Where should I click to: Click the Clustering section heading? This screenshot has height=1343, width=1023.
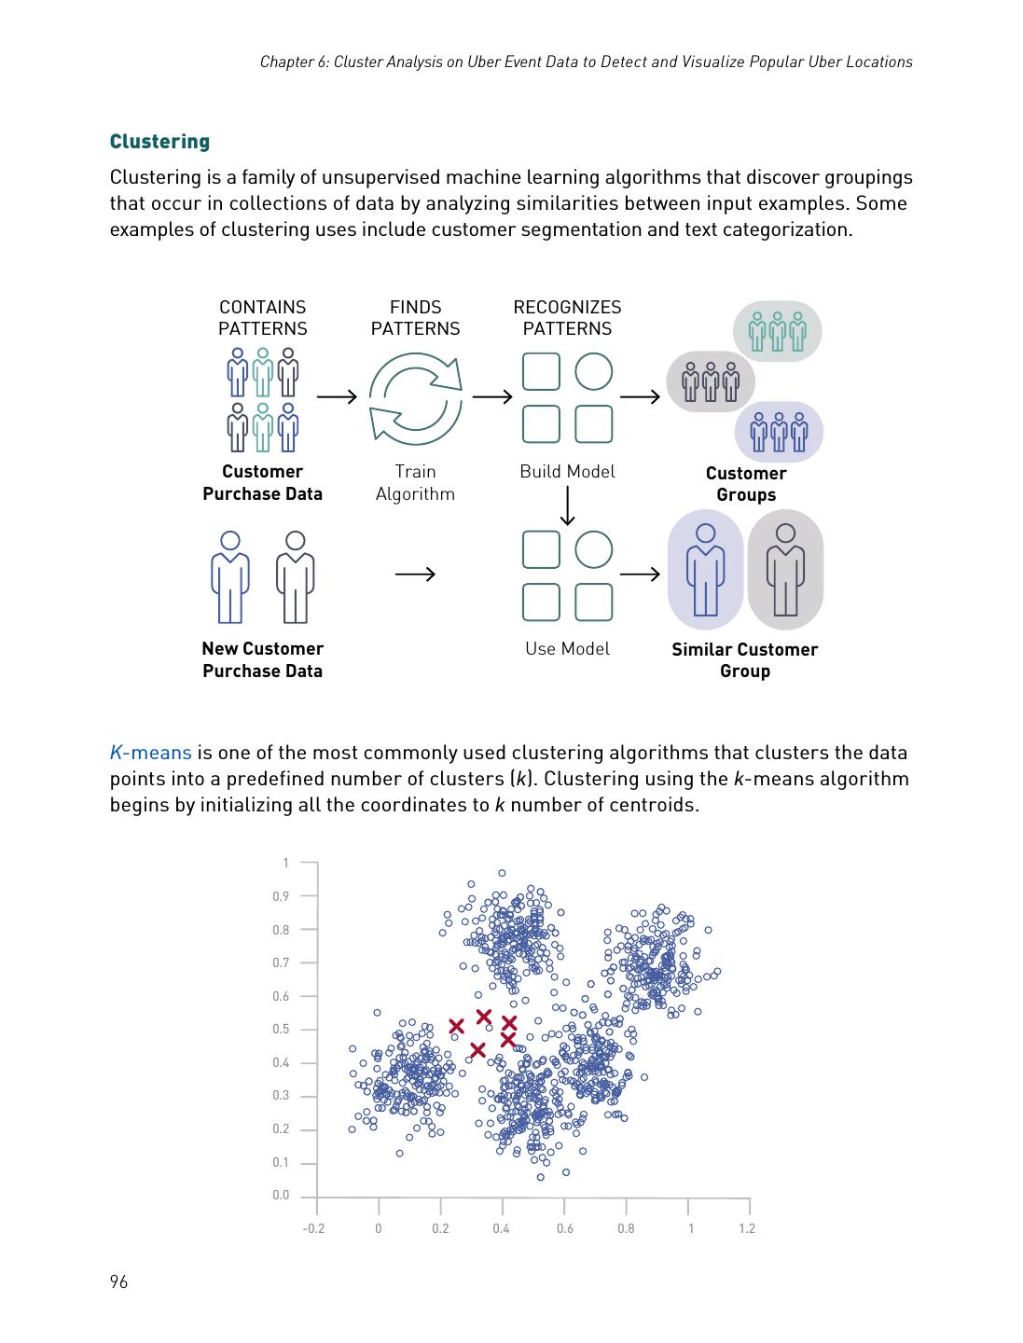[x=159, y=142]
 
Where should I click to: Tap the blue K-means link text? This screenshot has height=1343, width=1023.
[x=150, y=753]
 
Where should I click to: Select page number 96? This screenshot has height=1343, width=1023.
[x=118, y=1281]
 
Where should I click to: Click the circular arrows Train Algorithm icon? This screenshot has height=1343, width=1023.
[x=415, y=397]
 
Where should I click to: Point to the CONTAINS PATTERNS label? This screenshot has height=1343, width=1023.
[x=262, y=318]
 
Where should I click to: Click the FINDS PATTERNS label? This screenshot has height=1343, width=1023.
[x=415, y=318]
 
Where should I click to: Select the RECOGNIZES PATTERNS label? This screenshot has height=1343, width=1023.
[x=567, y=318]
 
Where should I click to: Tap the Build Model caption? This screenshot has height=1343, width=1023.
[x=567, y=472]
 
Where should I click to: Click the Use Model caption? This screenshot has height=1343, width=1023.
[x=567, y=649]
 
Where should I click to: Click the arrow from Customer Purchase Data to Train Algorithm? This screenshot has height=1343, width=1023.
[x=337, y=397]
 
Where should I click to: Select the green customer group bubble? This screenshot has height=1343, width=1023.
[x=777, y=331]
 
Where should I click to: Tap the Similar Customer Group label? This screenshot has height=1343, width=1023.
[x=744, y=660]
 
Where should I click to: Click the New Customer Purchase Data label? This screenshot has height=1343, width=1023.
[x=262, y=659]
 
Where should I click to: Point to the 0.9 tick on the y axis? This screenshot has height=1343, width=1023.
[x=281, y=896]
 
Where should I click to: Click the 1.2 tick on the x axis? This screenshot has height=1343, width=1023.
[x=747, y=1228]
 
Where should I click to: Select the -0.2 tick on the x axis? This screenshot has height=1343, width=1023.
[x=313, y=1228]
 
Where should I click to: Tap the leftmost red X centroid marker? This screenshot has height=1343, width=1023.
[x=456, y=1027]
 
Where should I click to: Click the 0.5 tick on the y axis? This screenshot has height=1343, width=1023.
[x=281, y=1030]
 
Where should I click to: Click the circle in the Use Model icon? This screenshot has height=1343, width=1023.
[x=593, y=549]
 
